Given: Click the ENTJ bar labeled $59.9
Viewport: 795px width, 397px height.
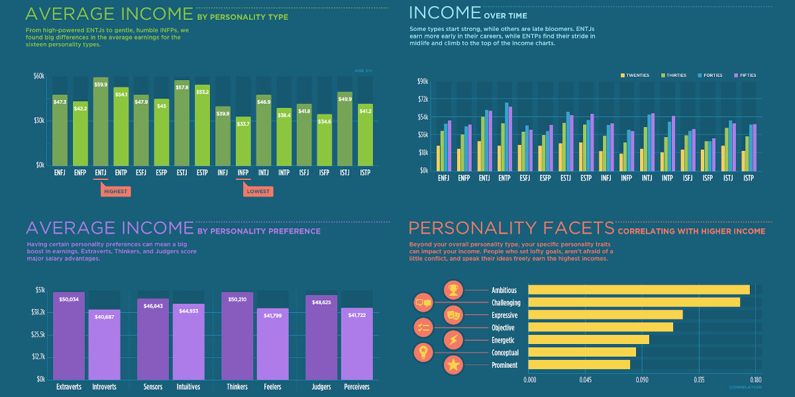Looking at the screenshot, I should point(101,122).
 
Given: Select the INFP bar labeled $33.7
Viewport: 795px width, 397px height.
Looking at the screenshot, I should point(243,141).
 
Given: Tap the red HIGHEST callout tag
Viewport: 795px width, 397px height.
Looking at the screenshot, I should point(115,191).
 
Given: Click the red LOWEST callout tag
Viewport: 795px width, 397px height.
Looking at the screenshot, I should point(258,191).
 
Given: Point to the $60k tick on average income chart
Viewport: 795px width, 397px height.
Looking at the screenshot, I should point(38,76).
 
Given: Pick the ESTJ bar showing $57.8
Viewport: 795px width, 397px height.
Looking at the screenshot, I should point(182,123).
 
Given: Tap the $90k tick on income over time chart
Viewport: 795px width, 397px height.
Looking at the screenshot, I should point(423,81).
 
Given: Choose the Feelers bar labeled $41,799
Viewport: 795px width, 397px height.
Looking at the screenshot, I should point(272,343).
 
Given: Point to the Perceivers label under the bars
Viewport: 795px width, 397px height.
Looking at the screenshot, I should point(356,387).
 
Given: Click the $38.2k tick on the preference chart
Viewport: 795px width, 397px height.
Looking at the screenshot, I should point(38,312).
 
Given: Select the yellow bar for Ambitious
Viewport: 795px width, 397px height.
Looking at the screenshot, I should point(639,290).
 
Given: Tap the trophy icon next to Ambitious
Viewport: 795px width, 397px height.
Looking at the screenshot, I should point(454,290).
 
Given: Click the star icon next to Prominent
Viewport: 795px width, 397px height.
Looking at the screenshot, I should point(454,365).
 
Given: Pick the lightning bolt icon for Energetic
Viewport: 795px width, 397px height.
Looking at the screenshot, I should point(454,340).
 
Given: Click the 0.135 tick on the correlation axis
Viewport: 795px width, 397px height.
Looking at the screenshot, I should point(699,380).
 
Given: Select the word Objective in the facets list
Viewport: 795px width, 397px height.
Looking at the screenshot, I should point(504,328).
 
